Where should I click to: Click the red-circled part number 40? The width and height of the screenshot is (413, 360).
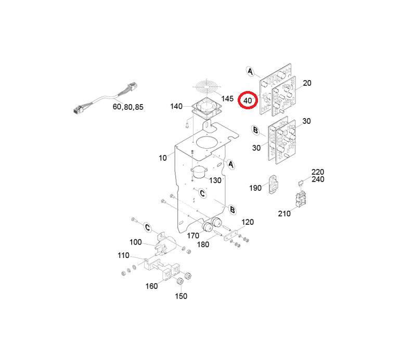click(x=248, y=100)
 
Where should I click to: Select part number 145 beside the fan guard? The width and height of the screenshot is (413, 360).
click(x=227, y=99)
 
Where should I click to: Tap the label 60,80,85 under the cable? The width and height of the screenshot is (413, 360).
click(x=128, y=107)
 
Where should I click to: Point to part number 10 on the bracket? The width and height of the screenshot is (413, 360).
click(x=163, y=158)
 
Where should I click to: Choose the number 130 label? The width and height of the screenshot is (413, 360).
click(x=215, y=181)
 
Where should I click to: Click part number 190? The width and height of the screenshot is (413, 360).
click(x=255, y=188)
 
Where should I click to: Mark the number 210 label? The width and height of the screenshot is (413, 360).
click(x=284, y=214)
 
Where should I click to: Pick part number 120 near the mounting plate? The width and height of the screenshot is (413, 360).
click(x=248, y=222)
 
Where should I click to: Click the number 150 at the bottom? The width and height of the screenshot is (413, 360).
click(x=181, y=296)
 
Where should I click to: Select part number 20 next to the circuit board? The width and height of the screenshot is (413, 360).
click(x=307, y=83)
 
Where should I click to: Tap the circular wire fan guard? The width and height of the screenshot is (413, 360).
click(x=207, y=87)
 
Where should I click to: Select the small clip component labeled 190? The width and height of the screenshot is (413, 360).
click(x=273, y=184)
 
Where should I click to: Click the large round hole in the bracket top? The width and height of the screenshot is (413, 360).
click(x=208, y=144)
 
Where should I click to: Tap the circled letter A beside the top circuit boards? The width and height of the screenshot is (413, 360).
click(x=250, y=72)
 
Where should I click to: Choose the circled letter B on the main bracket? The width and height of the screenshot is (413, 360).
click(x=233, y=210)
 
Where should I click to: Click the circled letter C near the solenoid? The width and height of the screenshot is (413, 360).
click(x=148, y=227)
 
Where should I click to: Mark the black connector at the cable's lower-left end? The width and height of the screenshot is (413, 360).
click(x=78, y=109)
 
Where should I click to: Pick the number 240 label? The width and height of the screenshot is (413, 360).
click(x=318, y=179)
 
